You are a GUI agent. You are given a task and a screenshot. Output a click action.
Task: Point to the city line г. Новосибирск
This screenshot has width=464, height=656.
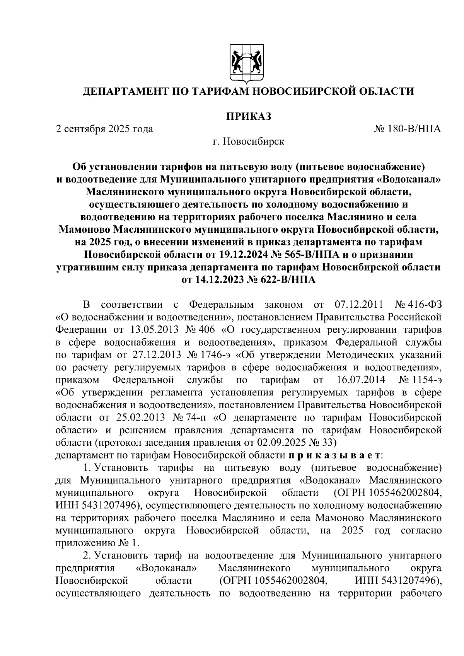pos(248,141)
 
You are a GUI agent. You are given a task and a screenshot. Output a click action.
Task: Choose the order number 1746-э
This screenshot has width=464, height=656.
pos(215,355)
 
